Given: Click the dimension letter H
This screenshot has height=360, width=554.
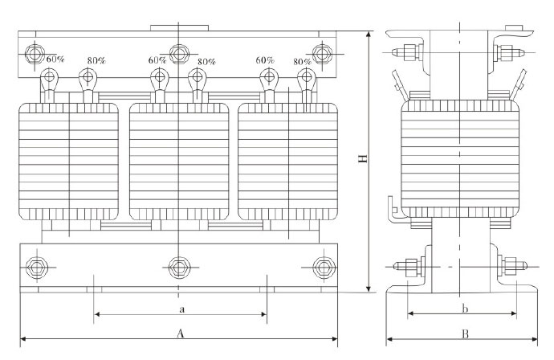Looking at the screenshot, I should [x=363, y=162].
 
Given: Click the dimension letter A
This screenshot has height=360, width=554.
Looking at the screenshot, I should [x=181, y=333].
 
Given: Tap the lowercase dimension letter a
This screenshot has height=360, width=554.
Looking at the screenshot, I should [x=181, y=308].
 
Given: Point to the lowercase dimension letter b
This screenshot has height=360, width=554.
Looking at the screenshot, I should [x=464, y=308].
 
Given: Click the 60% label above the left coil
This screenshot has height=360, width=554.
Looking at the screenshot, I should [x=55, y=59].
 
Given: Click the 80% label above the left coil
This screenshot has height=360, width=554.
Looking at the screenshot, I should [x=96, y=61].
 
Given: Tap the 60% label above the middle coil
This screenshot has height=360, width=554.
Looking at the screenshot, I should [x=157, y=59].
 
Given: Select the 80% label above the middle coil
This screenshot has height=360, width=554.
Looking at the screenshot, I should [x=206, y=61].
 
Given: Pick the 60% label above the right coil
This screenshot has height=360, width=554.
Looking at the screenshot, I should [x=266, y=60].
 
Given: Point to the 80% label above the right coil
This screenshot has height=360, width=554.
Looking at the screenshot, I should [x=303, y=61].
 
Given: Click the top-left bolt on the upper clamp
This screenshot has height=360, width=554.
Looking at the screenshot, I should [x=35, y=55].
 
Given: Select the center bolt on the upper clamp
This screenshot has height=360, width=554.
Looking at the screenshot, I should [x=178, y=55].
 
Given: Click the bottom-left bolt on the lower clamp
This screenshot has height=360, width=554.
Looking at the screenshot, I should [x=35, y=267].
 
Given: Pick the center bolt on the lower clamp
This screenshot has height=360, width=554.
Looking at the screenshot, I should [x=178, y=267].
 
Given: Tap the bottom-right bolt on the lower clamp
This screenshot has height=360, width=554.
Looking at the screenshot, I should [x=324, y=267].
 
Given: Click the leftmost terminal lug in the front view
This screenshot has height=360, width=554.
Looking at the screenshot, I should [x=49, y=80].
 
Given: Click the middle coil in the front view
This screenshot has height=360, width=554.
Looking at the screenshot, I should [x=178, y=160].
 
